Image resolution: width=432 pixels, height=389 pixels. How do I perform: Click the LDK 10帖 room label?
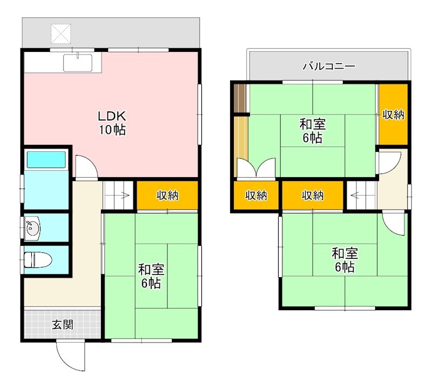(112, 123)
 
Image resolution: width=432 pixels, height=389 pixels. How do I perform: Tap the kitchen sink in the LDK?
(80, 63)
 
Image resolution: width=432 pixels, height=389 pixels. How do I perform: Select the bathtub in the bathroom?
(46, 159)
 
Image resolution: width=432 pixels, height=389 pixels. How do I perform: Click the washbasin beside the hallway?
(33, 228)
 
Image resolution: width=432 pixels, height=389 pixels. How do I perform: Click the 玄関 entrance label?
(62, 325)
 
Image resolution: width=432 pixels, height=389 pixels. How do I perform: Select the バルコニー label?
(328, 67)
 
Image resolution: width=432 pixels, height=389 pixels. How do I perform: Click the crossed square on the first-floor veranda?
(60, 33)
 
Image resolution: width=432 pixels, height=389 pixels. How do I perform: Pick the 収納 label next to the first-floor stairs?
(167, 196)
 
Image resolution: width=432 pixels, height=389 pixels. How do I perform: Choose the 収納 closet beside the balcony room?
(393, 115)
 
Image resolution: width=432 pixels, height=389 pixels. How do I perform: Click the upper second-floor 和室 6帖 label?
(313, 131)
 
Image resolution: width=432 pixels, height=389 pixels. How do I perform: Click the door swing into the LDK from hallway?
(85, 167)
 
